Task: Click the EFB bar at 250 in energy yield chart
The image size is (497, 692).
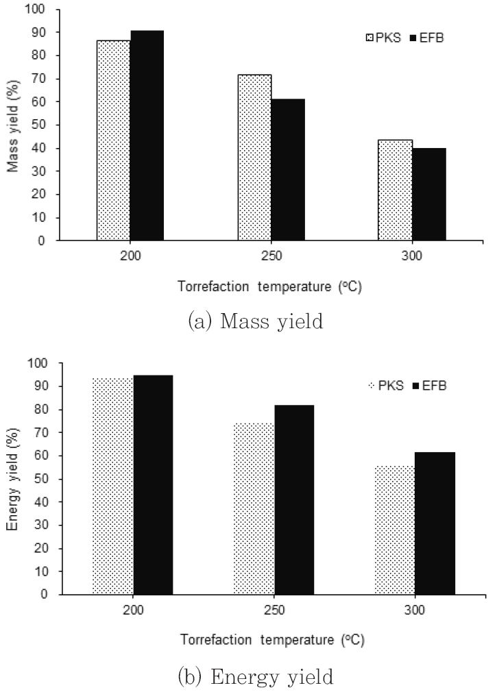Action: tap(294, 499)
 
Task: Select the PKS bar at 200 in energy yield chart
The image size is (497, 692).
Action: tap(112, 486)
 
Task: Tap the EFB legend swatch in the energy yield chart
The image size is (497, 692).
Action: tap(416, 386)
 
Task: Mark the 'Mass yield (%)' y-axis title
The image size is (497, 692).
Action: tap(12, 126)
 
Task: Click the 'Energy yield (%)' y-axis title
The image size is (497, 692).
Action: tap(12, 480)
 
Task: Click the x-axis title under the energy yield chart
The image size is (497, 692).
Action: tap(272, 640)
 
